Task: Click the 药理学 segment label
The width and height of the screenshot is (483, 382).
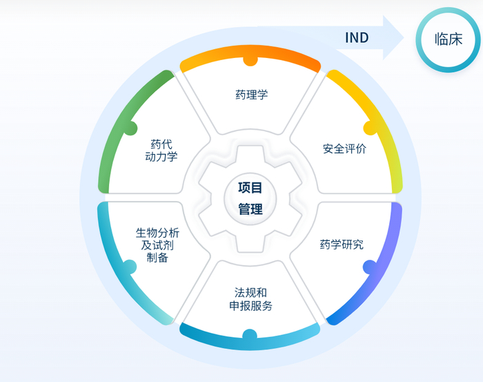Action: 250,95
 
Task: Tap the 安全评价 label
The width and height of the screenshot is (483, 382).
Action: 344,149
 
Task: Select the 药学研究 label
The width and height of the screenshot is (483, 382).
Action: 342,245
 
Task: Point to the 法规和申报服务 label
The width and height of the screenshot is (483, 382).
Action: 250,299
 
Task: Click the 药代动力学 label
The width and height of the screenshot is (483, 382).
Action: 161,151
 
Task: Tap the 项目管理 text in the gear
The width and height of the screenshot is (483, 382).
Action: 250,198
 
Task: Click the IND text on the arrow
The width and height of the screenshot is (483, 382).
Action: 357,38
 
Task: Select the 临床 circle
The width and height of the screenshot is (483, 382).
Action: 448,39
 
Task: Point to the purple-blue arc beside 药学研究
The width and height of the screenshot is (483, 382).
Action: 386,262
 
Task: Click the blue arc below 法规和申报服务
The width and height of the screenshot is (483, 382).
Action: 250,339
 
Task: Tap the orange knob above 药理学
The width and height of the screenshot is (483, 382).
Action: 250,61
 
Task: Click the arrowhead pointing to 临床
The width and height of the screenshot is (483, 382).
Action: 394,38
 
